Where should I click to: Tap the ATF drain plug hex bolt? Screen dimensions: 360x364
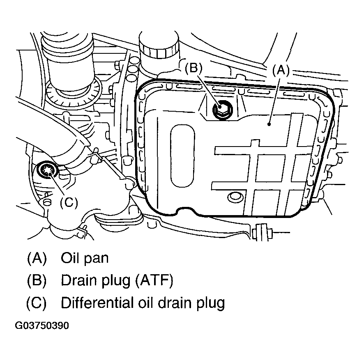222,109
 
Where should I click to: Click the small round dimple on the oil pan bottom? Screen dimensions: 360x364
235,197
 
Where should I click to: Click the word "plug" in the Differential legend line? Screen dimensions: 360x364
210,304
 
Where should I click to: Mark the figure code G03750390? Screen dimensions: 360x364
42,326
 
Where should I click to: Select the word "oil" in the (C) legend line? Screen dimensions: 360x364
142,303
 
